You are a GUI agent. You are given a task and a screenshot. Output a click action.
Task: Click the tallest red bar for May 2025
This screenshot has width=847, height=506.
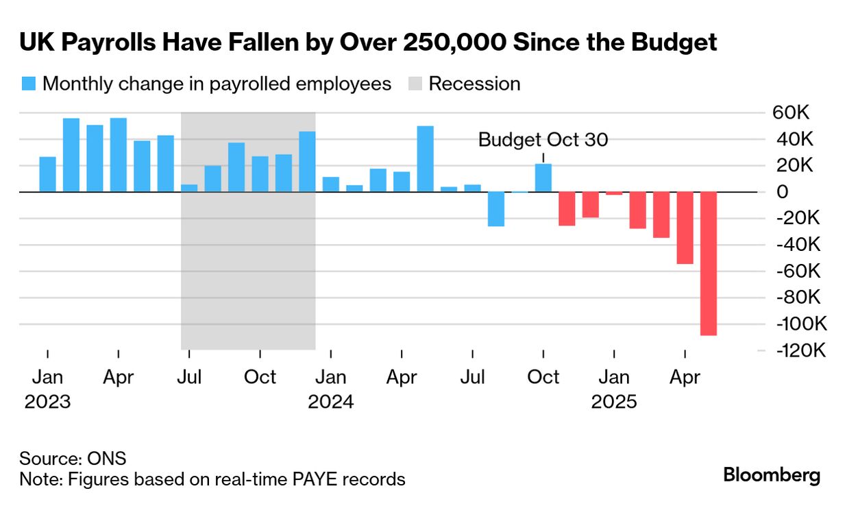tap(708, 263)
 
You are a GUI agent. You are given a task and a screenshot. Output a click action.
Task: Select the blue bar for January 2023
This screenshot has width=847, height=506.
tap(48, 175)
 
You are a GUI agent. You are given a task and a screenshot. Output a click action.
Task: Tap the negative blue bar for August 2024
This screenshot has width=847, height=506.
tap(496, 209)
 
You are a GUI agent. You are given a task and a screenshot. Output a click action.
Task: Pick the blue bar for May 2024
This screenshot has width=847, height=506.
tap(425, 159)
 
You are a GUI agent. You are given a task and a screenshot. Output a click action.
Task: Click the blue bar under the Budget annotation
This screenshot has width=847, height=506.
tap(543, 178)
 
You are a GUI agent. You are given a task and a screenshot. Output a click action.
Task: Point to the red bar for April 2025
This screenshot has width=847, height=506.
tap(685, 228)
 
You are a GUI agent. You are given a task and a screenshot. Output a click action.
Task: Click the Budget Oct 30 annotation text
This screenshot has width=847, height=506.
tap(543, 140)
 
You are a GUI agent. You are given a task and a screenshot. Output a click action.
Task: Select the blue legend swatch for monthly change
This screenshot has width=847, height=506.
tap(28, 84)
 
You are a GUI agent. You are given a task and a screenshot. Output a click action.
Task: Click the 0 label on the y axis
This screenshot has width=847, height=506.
tap(783, 192)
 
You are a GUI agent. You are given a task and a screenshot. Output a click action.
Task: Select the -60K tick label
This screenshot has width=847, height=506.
tap(798, 271)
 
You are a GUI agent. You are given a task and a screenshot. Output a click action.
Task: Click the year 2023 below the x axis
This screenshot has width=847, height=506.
tap(47, 401)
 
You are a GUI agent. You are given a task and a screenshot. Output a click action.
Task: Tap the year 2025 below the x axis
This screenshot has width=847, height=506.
tap(614, 401)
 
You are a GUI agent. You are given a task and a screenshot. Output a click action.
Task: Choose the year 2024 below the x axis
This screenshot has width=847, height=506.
tap(330, 401)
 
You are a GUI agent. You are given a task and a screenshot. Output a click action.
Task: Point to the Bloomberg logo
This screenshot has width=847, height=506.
tap(772, 475)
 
